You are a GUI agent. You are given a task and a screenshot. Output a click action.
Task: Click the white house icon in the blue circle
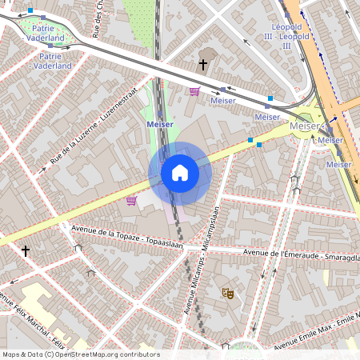coord(179,173)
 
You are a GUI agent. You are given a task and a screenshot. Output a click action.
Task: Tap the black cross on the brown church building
coord(203,63)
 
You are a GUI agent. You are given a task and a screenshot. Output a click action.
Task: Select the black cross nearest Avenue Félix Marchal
coord(26,250)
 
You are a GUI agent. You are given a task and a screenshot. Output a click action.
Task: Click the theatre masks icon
coord(228,294)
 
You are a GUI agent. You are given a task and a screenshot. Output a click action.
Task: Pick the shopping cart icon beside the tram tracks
coord(194,91)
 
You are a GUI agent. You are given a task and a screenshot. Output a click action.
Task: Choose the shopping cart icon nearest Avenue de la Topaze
coord(131,201)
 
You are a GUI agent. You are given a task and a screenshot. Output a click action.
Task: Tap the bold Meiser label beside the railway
coord(161,124)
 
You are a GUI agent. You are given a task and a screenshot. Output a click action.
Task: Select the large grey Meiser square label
coord(304,126)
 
